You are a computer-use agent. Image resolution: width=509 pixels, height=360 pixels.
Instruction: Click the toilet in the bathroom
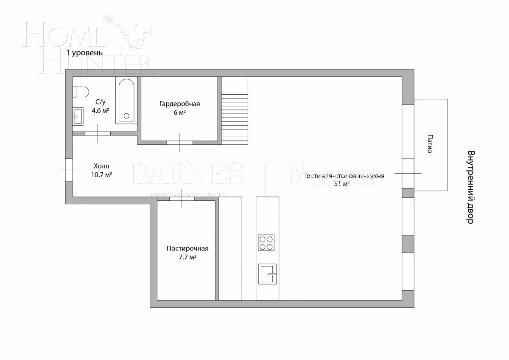click(81, 92)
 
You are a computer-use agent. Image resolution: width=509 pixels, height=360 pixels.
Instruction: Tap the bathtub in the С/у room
click(126, 100)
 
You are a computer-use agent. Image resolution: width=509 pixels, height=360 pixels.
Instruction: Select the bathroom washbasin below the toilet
click(78, 115)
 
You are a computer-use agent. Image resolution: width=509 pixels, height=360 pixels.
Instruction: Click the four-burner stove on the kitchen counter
click(266, 243)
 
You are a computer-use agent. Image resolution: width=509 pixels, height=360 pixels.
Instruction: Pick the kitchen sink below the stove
click(267, 274)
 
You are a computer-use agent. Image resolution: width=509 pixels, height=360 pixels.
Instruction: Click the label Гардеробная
click(179, 104)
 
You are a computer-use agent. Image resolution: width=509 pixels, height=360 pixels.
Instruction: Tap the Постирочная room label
click(187, 249)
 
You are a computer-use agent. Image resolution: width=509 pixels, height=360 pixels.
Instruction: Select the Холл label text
click(101, 166)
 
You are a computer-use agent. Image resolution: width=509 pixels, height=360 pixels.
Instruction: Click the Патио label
click(430, 144)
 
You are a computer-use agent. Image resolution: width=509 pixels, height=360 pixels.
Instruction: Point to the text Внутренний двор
click(470, 187)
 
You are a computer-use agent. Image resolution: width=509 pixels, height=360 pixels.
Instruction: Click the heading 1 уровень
click(84, 53)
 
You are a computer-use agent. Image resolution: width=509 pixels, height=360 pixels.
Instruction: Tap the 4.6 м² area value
click(101, 110)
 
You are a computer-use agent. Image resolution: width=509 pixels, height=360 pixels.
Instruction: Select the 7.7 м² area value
click(187, 257)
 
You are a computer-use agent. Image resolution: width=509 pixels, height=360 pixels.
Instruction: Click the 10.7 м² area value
click(101, 174)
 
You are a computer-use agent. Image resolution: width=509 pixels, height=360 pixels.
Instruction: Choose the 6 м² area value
click(179, 112)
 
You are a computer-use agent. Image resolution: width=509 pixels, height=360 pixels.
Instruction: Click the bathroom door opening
click(98, 133)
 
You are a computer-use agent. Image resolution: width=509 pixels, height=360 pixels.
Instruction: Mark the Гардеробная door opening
click(179, 143)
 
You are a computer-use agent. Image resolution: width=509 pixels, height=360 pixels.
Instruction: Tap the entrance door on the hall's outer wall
click(69, 170)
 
